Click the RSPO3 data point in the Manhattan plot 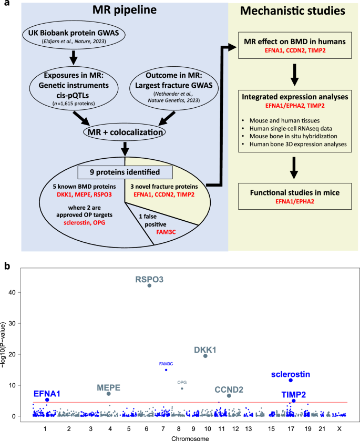click(150, 285)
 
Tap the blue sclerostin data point click(291, 380)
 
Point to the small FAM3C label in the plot click(166, 363)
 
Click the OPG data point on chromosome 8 click(182, 388)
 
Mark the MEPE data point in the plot click(109, 394)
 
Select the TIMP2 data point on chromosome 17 click(294, 401)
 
